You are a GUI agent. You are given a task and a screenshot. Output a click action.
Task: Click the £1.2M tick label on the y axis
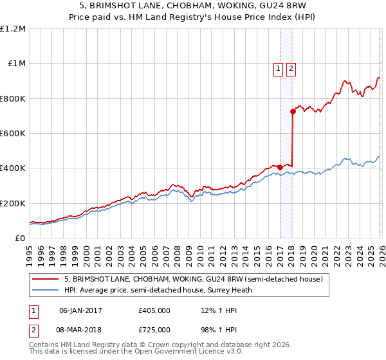point(13,29)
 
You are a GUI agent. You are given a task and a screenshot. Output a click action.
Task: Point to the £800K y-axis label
point(13,98)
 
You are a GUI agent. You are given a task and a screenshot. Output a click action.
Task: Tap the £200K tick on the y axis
point(13,203)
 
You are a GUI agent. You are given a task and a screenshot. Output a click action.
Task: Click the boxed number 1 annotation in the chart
point(279,69)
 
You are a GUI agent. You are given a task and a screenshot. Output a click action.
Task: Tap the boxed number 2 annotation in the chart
point(291,69)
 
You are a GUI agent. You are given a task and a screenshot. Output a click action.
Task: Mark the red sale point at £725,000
point(293,111)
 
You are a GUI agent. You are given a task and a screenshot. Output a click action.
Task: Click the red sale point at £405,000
point(280,167)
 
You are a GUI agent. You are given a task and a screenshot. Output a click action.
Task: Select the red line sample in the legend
point(46,279)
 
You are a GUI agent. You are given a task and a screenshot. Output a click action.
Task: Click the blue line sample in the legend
point(46,290)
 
